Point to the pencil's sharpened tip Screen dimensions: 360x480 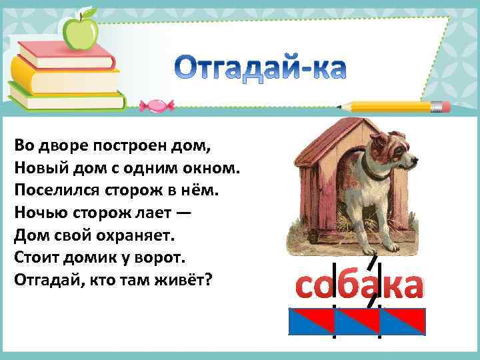(341, 106)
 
